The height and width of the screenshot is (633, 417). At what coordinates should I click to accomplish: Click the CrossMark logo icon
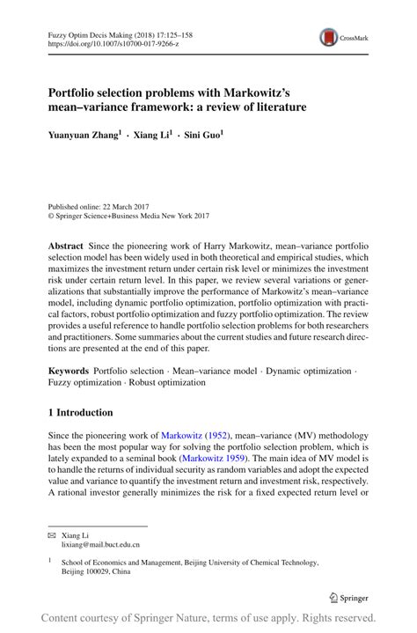pos(328,37)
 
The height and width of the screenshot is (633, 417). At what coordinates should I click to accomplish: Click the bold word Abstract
pos(68,241)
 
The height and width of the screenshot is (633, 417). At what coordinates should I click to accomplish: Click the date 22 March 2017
pos(123,202)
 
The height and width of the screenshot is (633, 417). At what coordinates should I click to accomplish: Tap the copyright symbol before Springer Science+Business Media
pos(51,213)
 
